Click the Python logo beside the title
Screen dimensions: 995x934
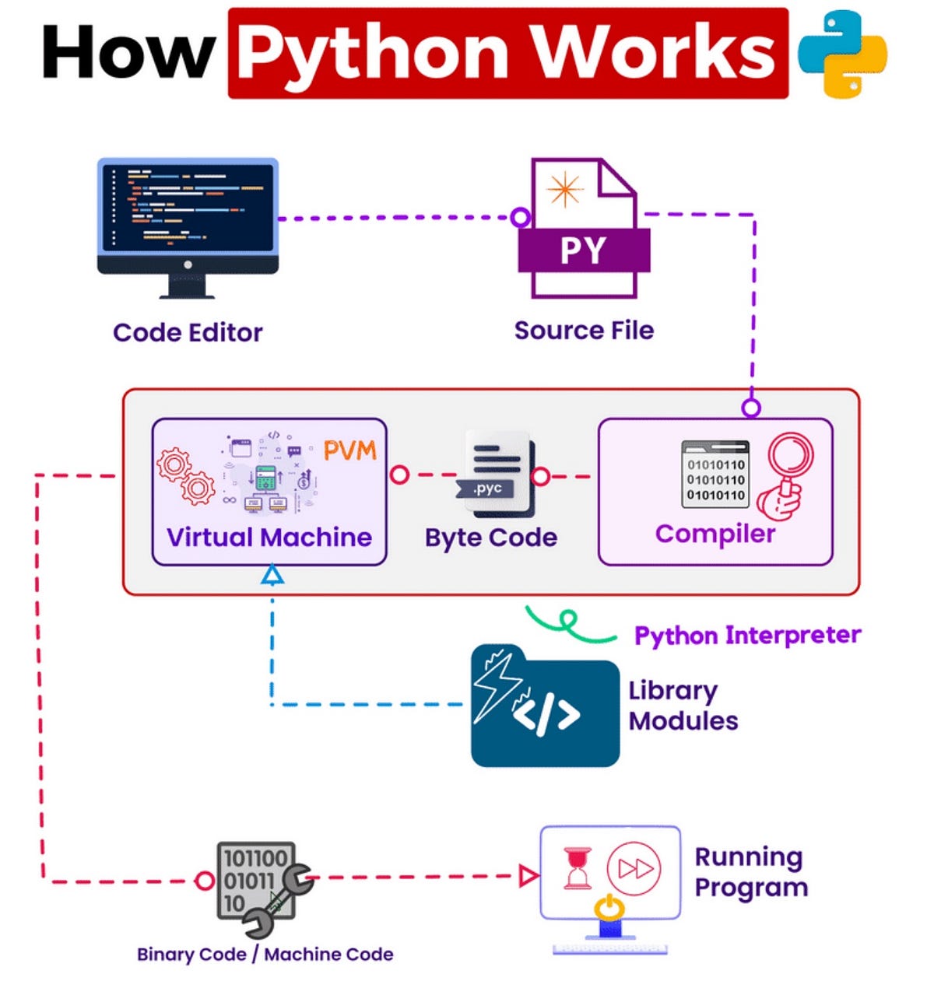(x=843, y=54)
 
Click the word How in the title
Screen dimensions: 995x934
(x=128, y=54)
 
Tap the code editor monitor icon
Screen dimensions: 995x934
(x=188, y=226)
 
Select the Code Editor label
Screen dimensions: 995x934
(x=188, y=332)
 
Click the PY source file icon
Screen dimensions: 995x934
(x=582, y=229)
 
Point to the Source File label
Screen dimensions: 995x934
(x=584, y=330)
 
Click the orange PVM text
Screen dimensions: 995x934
(x=349, y=450)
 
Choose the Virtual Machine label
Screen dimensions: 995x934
(x=269, y=537)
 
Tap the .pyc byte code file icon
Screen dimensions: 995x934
(x=498, y=474)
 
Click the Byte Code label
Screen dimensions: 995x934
(x=491, y=538)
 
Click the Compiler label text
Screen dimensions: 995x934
(x=715, y=534)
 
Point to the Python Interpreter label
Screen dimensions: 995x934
(x=747, y=635)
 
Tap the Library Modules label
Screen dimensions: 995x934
(x=683, y=706)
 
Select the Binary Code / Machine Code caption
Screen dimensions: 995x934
(x=265, y=955)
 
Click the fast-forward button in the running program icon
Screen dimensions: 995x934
(x=634, y=868)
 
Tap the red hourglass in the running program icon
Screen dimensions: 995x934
(x=577, y=868)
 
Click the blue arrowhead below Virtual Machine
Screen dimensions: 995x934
(x=272, y=575)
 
